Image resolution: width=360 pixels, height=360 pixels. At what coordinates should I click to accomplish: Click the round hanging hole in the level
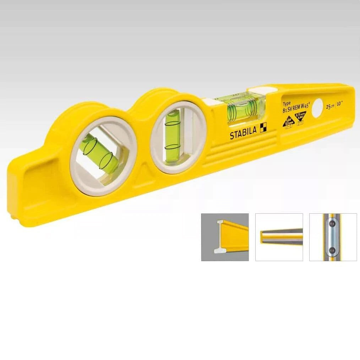(318, 108)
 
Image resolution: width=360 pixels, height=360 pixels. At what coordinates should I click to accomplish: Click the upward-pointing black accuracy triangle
(288, 123)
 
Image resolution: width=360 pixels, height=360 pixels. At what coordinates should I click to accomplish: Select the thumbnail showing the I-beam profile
(225, 237)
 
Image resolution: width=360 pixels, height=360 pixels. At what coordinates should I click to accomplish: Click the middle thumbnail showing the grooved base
(279, 237)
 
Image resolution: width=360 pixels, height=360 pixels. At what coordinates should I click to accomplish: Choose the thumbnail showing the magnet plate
(333, 237)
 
